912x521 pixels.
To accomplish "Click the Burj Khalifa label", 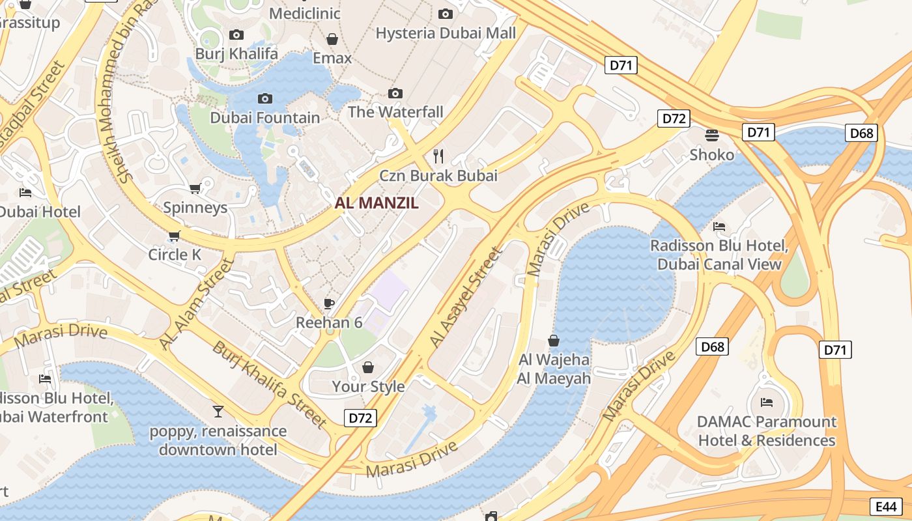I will [x=236, y=53].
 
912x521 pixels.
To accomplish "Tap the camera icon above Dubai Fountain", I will [x=265, y=98].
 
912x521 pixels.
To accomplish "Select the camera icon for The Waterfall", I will [x=395, y=93].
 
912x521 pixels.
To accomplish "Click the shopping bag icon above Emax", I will [x=332, y=39].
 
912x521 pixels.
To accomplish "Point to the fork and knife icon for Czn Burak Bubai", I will [x=438, y=156].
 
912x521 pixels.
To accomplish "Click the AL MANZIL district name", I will [x=377, y=203].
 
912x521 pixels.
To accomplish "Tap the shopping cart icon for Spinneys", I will [x=195, y=189].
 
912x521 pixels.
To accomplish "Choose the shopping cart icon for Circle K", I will [x=174, y=236].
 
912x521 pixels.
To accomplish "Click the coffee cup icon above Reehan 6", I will [x=329, y=303].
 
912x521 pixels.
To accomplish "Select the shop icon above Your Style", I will [x=368, y=367].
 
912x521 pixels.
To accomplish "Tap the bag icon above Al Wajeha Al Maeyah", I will [x=554, y=340].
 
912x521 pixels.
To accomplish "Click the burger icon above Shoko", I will [x=712, y=135].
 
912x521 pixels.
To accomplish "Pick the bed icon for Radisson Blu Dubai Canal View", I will [x=719, y=227].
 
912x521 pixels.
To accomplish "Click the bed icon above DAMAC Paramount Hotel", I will [x=767, y=402].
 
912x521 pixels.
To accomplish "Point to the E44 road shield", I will [x=887, y=507].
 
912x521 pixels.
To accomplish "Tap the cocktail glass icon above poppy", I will [x=218, y=411].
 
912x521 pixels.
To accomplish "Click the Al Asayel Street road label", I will [x=466, y=298].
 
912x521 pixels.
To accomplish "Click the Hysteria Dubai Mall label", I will [x=446, y=33].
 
